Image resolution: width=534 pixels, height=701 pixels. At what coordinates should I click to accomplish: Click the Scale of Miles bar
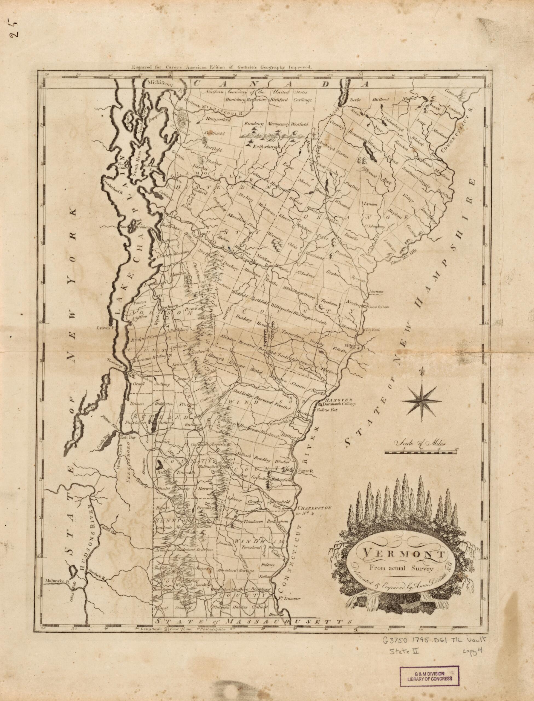click(x=421, y=451)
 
